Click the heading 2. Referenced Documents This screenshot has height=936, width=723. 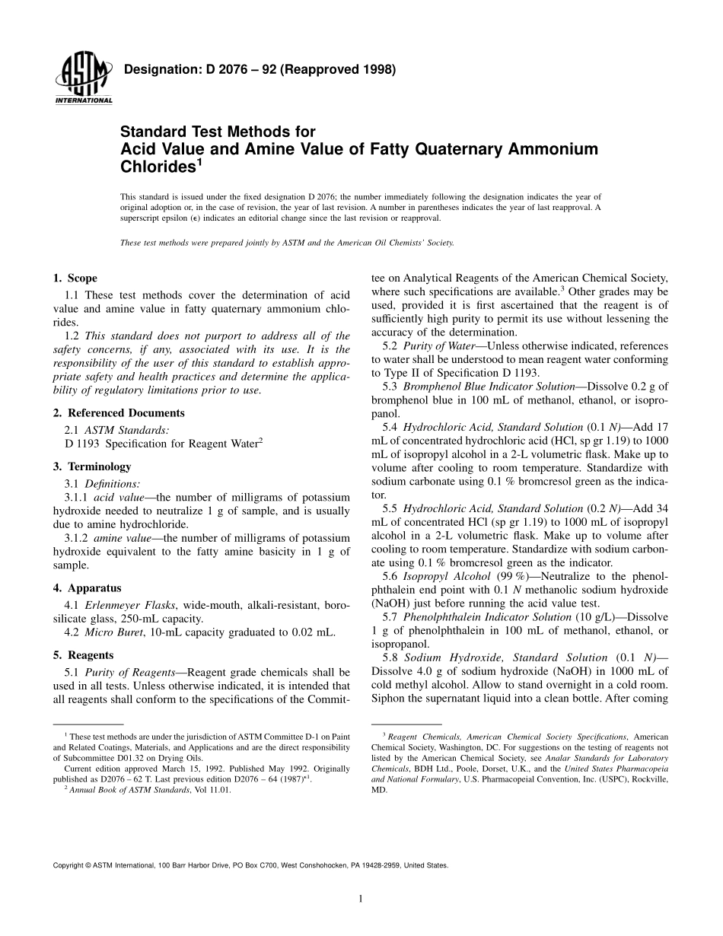tap(118, 413)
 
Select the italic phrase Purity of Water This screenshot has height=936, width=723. tap(443, 346)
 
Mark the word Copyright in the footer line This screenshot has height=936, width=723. tap(68, 865)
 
